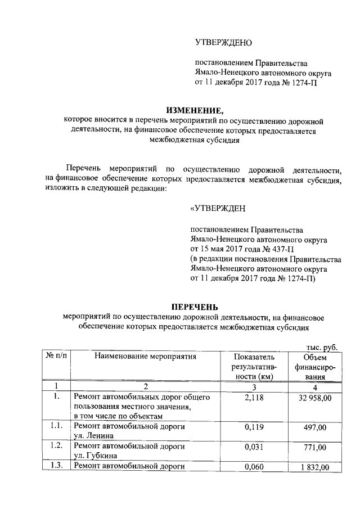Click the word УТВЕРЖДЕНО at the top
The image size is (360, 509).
click(223, 43)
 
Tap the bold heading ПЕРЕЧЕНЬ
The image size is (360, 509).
click(194, 307)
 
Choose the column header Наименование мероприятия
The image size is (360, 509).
click(145, 356)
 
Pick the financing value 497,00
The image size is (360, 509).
click(314, 427)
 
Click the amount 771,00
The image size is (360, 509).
click(314, 447)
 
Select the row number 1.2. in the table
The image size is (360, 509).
click(55, 447)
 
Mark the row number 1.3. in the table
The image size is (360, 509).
click(55, 466)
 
